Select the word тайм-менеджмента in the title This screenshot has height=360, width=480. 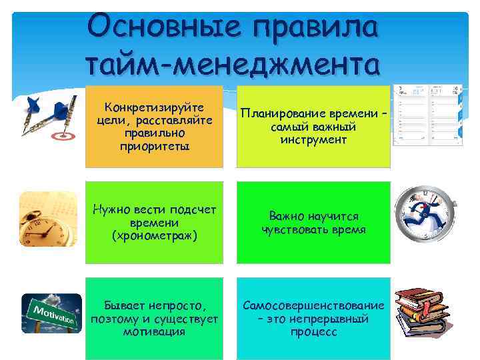(x=233, y=65)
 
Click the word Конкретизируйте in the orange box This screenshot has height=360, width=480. (x=155, y=107)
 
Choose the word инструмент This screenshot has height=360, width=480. (x=313, y=139)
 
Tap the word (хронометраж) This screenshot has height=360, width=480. (x=155, y=235)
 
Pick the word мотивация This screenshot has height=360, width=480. (x=155, y=331)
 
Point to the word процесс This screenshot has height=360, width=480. (x=313, y=331)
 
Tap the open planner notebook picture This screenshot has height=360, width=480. (x=427, y=115)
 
